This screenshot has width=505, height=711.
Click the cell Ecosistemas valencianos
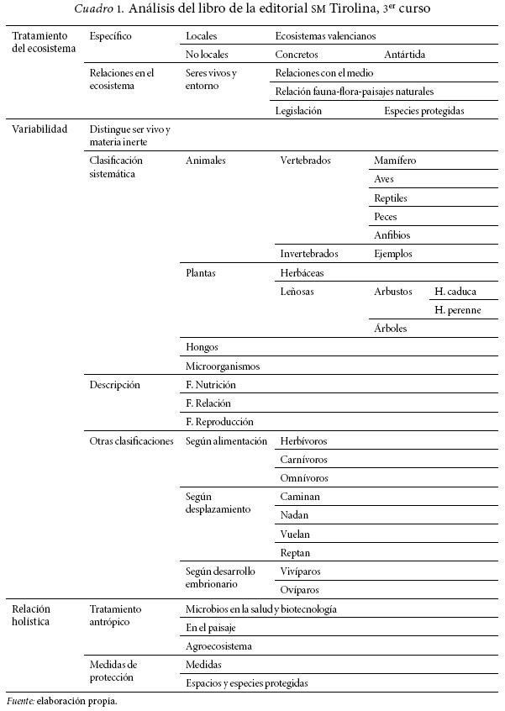(x=325, y=37)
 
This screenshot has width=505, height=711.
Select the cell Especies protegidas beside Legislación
(x=424, y=110)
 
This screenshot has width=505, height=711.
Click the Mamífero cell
(x=395, y=161)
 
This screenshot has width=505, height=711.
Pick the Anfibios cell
(x=392, y=235)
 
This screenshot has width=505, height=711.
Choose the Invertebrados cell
(x=309, y=254)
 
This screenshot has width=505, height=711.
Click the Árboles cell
(x=391, y=329)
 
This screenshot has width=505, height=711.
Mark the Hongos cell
(x=203, y=347)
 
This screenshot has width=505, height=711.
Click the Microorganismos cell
(x=223, y=366)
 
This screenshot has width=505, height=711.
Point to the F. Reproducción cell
(x=219, y=422)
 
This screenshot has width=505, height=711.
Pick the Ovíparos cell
(x=297, y=590)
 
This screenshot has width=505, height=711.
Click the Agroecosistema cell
(x=218, y=646)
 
